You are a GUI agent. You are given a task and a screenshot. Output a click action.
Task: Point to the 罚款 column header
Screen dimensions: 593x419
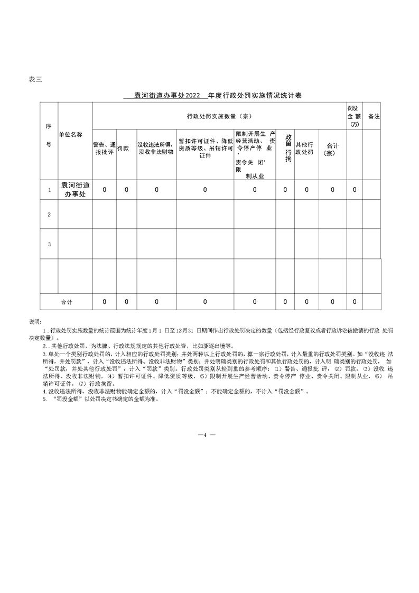123,149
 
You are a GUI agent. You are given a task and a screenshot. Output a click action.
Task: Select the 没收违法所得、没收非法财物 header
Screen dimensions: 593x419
156,148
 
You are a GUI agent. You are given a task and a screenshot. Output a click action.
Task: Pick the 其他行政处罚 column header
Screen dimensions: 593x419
304,149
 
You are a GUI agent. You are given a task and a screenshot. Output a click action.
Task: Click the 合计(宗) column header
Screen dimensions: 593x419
333,149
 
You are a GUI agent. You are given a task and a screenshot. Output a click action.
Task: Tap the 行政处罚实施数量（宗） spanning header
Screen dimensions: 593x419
218,116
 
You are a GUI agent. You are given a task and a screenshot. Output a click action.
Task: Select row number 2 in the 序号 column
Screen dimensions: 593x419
49,215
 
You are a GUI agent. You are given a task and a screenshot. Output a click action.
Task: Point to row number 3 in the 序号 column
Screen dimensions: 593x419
49,244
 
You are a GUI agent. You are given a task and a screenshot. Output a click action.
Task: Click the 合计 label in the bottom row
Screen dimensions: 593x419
67,302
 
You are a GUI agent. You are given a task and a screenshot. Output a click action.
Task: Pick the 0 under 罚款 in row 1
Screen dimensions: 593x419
126,190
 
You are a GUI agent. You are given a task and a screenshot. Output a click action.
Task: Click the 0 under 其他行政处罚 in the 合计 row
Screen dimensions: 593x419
306,302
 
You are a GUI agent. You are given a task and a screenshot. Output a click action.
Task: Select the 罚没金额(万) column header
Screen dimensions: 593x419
355,115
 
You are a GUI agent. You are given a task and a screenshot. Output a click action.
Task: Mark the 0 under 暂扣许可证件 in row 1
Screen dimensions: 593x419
205,190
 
